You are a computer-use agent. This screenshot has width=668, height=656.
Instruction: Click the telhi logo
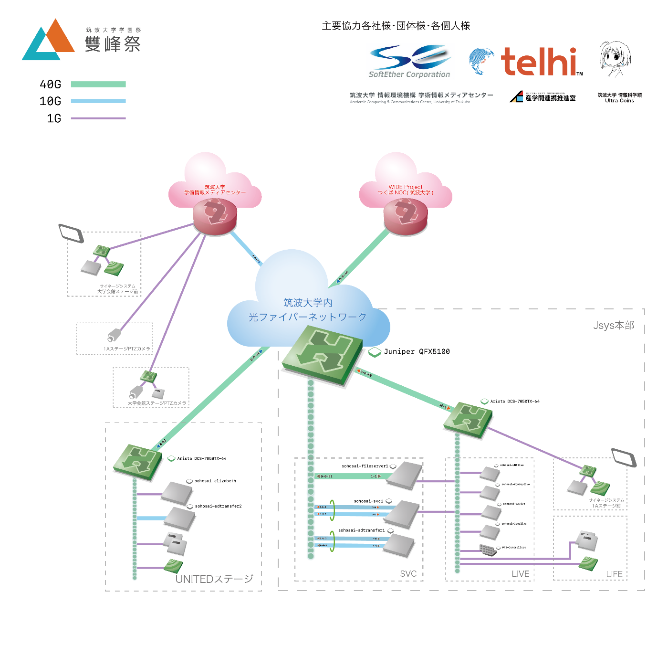click(539, 62)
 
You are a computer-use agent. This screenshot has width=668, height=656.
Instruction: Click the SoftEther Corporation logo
click(409, 61)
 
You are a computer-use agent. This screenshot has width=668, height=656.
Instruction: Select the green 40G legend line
click(98, 85)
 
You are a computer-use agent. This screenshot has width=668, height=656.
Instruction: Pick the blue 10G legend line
click(98, 101)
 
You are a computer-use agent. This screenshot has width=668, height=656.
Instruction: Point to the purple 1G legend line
click(98, 118)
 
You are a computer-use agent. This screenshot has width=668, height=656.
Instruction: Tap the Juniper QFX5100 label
click(417, 352)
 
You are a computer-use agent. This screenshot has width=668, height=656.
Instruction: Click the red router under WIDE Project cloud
click(406, 216)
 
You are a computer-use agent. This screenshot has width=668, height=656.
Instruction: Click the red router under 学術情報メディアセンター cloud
click(215, 216)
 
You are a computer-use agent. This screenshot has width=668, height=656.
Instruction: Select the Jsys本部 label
click(614, 326)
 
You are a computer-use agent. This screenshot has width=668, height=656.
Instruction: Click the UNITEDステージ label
click(214, 579)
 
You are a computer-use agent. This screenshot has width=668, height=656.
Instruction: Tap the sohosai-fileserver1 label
click(365, 466)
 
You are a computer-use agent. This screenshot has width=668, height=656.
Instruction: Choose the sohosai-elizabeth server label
click(215, 481)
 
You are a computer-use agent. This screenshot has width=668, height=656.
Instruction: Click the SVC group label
click(408, 574)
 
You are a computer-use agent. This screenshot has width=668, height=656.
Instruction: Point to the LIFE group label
click(614, 574)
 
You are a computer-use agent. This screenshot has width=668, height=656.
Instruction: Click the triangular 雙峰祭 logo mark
click(48, 41)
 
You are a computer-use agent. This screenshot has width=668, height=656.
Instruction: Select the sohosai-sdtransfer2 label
click(218, 507)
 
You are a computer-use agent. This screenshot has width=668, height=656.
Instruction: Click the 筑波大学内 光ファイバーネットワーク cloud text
click(308, 310)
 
